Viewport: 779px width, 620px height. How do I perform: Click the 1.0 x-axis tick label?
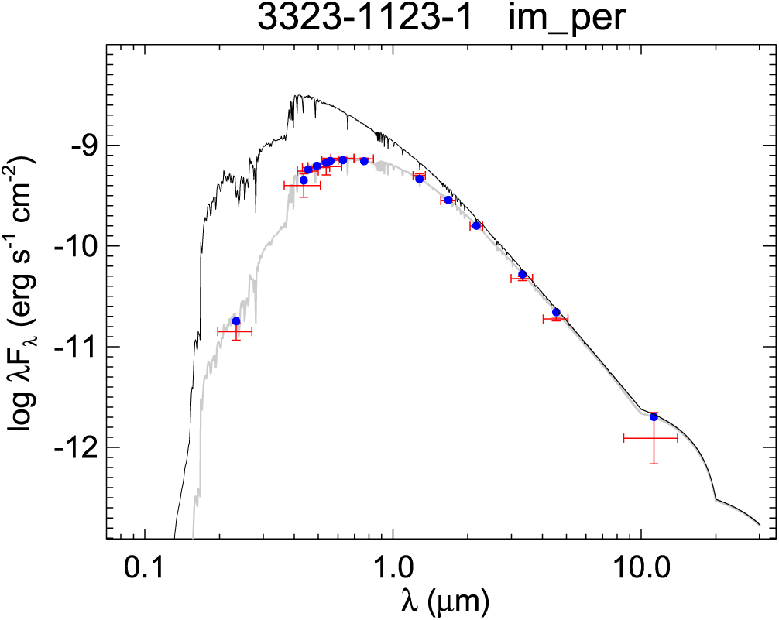(x=393, y=573)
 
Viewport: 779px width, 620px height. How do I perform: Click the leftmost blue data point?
(x=236, y=321)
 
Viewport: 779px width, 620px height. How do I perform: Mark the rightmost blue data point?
(x=654, y=416)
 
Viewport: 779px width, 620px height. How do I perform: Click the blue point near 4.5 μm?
(x=556, y=312)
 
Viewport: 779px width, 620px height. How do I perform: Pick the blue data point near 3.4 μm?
(x=523, y=274)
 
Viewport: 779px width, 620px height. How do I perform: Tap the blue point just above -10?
(x=476, y=225)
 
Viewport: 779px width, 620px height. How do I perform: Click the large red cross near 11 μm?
(x=651, y=438)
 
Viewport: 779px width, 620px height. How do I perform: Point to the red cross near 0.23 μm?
(x=235, y=331)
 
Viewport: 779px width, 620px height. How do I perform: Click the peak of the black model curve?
(x=298, y=96)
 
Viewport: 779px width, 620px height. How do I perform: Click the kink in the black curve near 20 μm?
(x=715, y=499)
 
